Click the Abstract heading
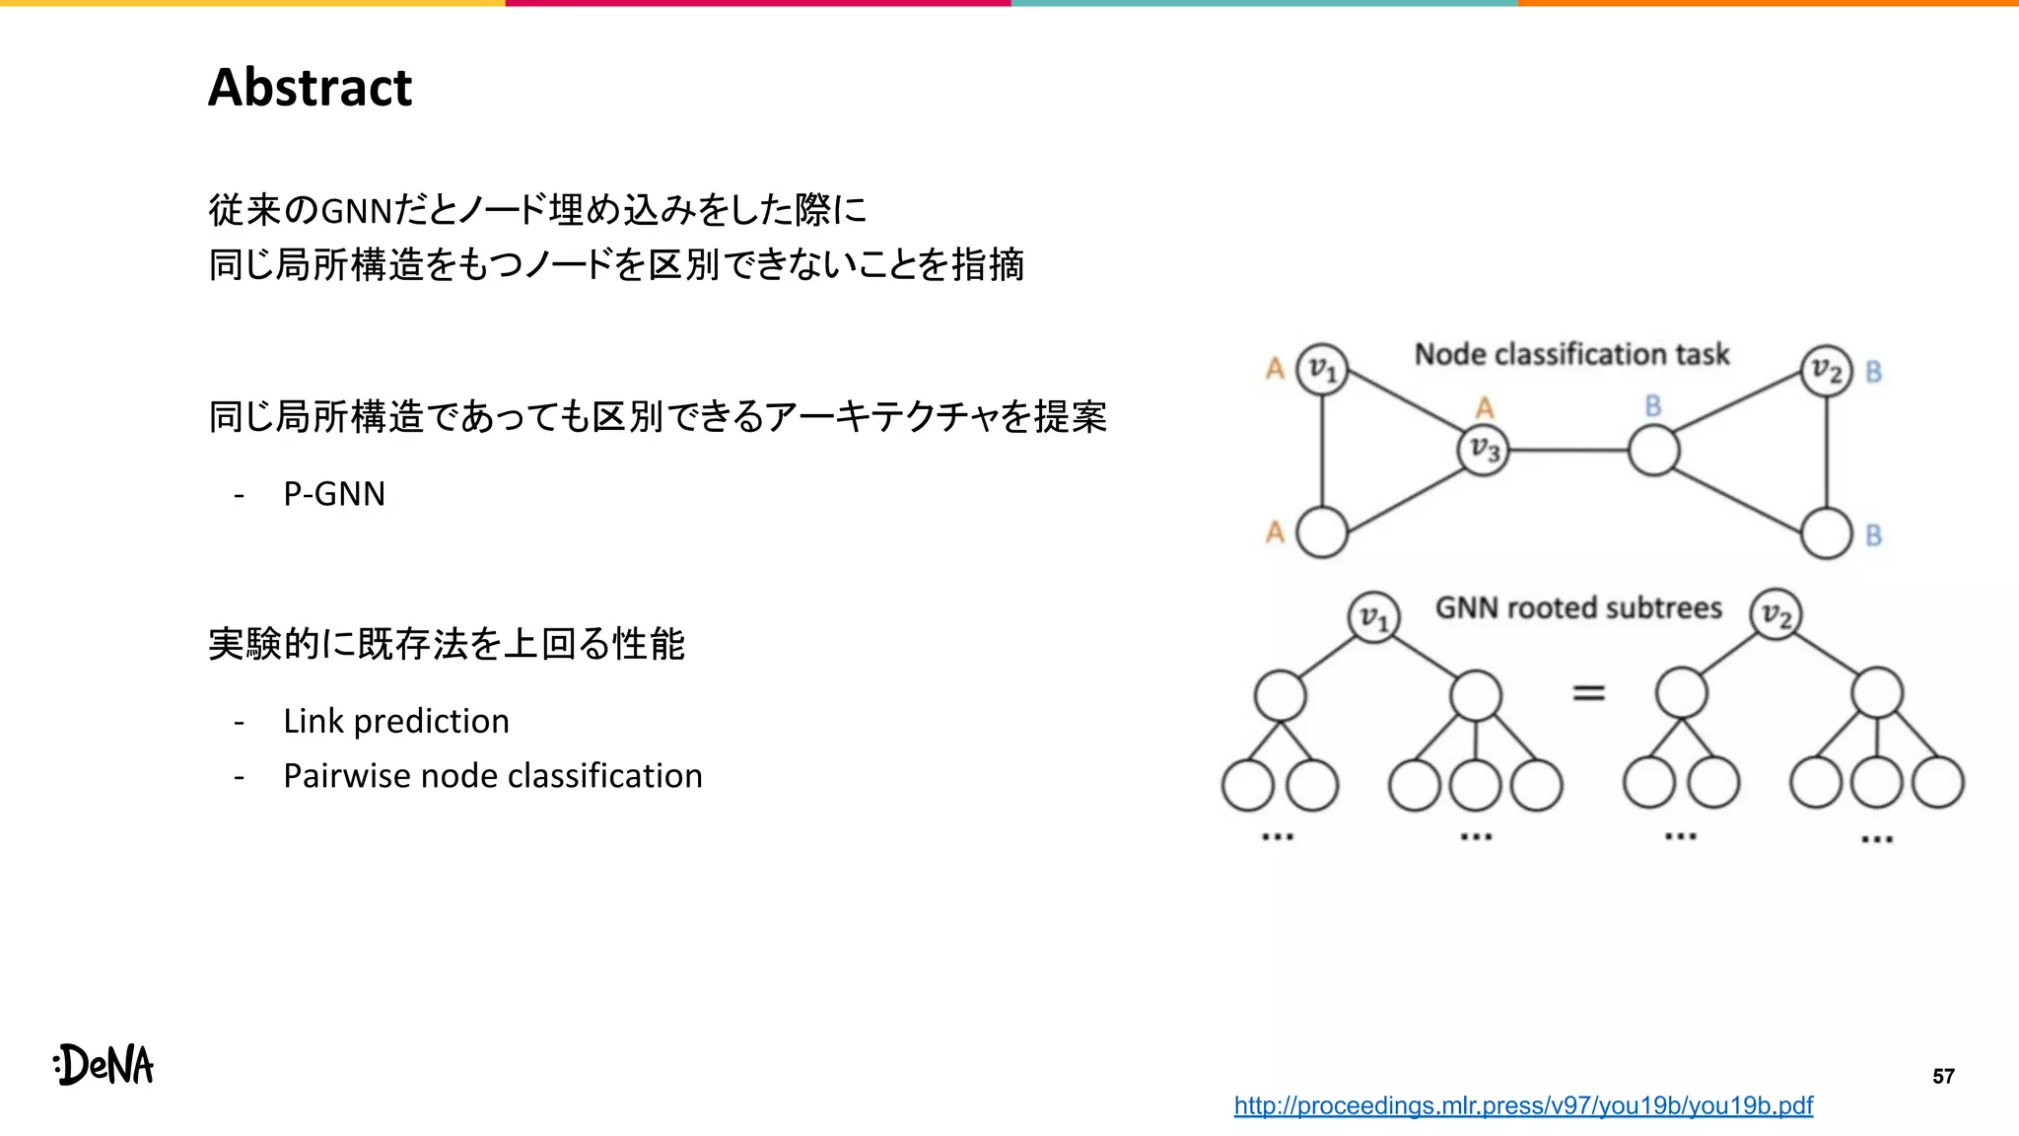pyautogui.click(x=310, y=87)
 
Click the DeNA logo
pyautogui.click(x=104, y=1064)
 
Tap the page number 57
pyautogui.click(x=1942, y=1076)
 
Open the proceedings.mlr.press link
pyautogui.click(x=1522, y=1105)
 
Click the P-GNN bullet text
pyautogui.click(x=333, y=493)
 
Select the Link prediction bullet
pyautogui.click(x=395, y=721)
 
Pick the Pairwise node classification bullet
pyautogui.click(x=492, y=776)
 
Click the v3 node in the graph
pyautogui.click(x=1483, y=450)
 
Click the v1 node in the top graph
pyautogui.click(x=1321, y=370)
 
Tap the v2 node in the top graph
pyautogui.click(x=1826, y=371)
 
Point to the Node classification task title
pyautogui.click(x=1571, y=354)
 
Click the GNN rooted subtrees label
pyautogui.click(x=1577, y=607)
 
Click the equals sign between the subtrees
pyautogui.click(x=1587, y=693)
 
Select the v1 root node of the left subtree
pyautogui.click(x=1373, y=617)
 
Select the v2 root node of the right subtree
pyautogui.click(x=1775, y=615)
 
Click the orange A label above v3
pyautogui.click(x=1485, y=407)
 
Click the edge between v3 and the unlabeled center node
pyautogui.click(x=1567, y=451)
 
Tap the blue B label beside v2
pyautogui.click(x=1873, y=372)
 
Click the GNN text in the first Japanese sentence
pyautogui.click(x=356, y=210)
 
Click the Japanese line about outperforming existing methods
pyautogui.click(x=446, y=644)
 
